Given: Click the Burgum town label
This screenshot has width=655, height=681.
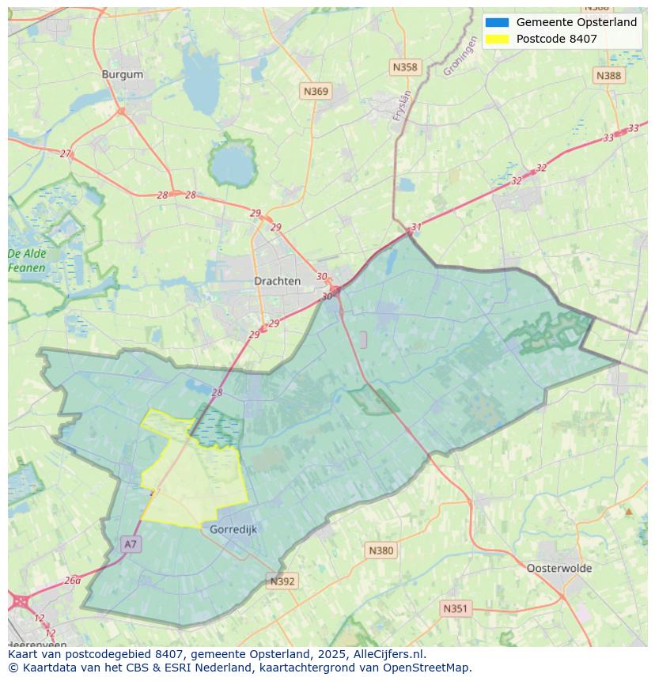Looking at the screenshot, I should coord(123,74).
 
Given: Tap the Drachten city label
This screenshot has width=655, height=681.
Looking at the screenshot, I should coord(277,281).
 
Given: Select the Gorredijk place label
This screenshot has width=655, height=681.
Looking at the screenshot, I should coord(233,529).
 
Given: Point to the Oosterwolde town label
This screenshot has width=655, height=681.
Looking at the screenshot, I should coord(559,568).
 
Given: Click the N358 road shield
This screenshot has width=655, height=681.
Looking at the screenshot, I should coord(405,67).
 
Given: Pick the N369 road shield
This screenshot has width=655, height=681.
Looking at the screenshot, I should coord(316,92).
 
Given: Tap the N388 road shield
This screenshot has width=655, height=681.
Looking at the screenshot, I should coord(608,75).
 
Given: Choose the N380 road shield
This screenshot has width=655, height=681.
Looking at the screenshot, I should coord(381,550).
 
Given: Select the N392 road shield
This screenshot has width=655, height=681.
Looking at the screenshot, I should coord(282,581).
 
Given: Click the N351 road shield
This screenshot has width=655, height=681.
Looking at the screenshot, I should coord(455,608).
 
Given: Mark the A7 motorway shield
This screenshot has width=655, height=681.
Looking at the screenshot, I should coord(131,544).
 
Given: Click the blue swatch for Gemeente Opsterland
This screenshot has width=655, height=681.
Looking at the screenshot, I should coord(498,22).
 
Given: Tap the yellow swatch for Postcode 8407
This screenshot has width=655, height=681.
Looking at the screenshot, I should coord(498,39).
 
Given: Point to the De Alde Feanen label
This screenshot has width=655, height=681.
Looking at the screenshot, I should coord(27,261).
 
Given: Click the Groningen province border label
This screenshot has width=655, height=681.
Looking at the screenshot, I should coord(460,57).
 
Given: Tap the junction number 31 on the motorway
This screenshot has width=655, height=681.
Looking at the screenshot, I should coord(416,228).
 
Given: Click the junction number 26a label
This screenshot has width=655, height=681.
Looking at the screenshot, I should coord(72,580).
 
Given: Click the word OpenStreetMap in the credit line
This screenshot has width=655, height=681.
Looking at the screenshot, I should coord(428,668).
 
